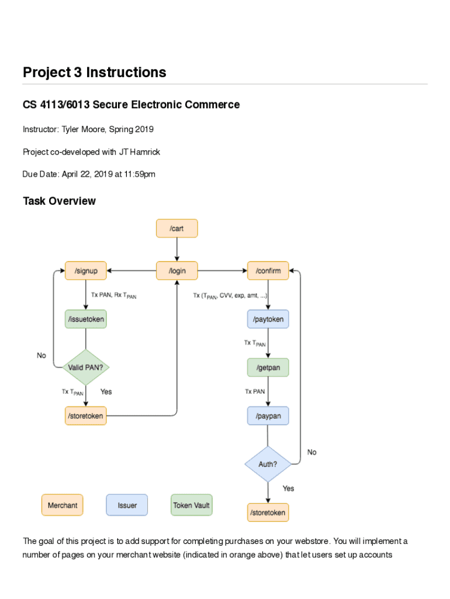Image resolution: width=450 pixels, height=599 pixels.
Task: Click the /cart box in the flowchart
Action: click(176, 228)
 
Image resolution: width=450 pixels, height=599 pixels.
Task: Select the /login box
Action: click(176, 271)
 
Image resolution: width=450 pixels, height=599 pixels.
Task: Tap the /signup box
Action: click(86, 271)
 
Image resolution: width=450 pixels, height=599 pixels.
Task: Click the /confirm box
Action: click(268, 271)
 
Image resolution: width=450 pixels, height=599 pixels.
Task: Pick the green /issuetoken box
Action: click(86, 319)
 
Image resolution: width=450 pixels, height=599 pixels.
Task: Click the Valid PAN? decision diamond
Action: click(86, 367)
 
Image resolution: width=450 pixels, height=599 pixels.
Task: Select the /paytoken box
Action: click(268, 319)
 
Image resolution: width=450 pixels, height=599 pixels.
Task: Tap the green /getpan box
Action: click(268, 367)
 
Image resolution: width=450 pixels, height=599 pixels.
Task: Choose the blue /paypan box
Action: click(268, 416)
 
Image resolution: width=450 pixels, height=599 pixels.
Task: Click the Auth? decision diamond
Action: click(268, 464)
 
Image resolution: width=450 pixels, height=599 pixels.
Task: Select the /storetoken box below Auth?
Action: click(268, 512)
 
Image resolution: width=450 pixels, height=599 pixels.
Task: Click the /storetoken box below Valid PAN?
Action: click(86, 416)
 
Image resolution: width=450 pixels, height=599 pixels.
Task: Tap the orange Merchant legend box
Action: click(62, 505)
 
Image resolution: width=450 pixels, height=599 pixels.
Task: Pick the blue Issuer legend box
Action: click(127, 505)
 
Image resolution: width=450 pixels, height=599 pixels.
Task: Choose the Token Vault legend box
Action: click(191, 505)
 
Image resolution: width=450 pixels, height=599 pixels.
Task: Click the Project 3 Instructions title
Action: click(94, 73)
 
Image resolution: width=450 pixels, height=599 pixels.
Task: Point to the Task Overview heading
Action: click(59, 201)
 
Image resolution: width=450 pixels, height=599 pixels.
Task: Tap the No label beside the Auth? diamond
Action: click(311, 452)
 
